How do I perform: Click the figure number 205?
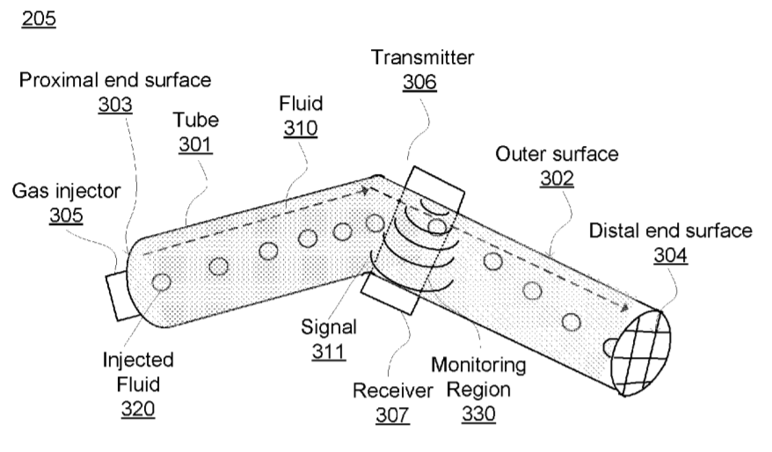tap(39, 18)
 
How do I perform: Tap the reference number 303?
tap(115, 105)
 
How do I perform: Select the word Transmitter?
tap(422, 57)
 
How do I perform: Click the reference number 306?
tap(419, 82)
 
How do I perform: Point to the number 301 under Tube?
tap(195, 144)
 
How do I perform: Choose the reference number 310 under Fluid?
tap(301, 128)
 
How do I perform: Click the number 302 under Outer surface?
tap(557, 179)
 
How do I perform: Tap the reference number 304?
tap(671, 255)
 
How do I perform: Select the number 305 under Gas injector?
tap(66, 215)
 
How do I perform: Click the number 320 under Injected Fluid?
tap(138, 409)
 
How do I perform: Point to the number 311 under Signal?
tap(328, 352)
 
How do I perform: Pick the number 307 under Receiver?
tap(392, 415)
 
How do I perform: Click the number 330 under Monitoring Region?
tap(478, 413)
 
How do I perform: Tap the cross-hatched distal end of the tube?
tap(641, 353)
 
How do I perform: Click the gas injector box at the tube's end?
tap(117, 296)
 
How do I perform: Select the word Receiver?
tap(393, 390)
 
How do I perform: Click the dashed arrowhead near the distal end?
tap(624, 308)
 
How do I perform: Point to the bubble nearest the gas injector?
tap(161, 282)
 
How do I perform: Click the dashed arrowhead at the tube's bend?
tap(365, 190)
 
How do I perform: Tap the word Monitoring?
tap(478, 365)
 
